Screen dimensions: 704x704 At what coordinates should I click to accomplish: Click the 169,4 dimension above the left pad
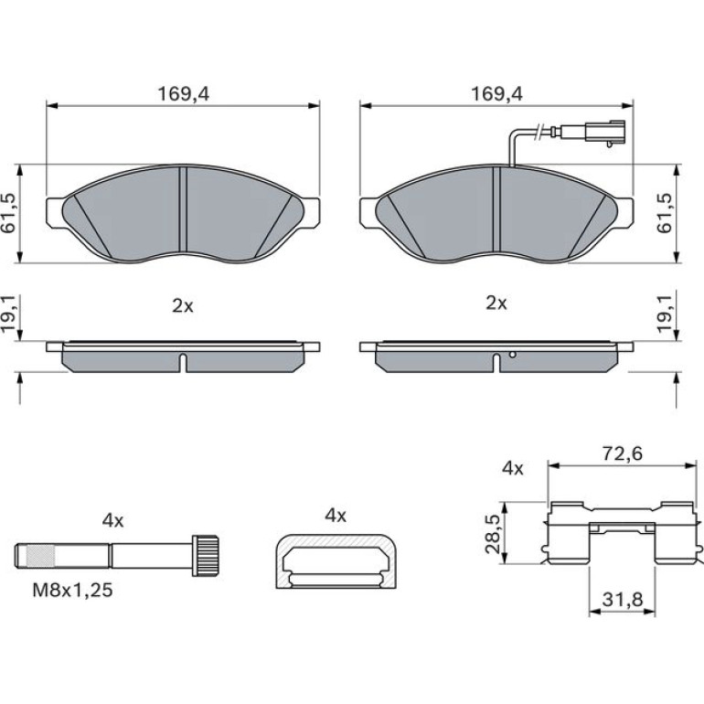coord(183,94)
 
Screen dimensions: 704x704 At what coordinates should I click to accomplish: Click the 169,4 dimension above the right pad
coord(496,94)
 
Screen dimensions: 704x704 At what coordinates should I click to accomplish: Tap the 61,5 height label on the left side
coord(8,213)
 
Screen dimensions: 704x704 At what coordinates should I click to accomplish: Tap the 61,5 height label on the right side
coord(665,213)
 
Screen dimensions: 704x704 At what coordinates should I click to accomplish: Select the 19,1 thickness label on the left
coord(8,314)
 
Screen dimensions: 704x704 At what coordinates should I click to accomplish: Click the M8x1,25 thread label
coord(72,590)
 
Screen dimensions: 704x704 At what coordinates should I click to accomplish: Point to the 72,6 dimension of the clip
coord(623,453)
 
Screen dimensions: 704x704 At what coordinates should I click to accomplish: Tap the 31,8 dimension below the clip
coord(623,599)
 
